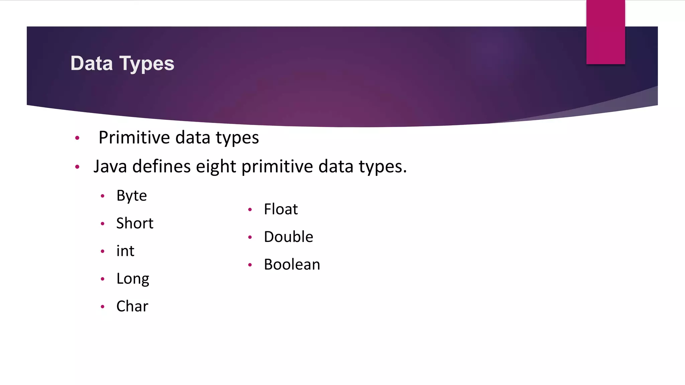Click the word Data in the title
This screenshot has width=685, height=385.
[91, 63]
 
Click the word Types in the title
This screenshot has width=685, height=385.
[147, 64]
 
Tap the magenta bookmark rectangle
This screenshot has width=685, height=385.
[605, 32]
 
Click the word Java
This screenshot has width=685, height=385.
[110, 166]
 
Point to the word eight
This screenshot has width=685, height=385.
[216, 167]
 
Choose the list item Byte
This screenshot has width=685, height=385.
[131, 196]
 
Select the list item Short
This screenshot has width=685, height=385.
[135, 223]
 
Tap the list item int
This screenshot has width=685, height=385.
[125, 251]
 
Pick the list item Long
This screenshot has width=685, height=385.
[133, 279]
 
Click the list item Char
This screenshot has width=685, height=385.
[132, 306]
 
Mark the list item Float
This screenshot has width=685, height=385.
[281, 209]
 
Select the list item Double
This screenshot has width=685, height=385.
[288, 237]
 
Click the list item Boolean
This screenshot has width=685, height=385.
[292, 265]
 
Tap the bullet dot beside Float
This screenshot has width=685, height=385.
[250, 210]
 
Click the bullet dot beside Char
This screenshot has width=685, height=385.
[103, 306]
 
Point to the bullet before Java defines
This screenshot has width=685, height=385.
[77, 167]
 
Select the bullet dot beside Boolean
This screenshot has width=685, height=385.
[250, 265]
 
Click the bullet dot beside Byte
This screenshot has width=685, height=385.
[103, 196]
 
